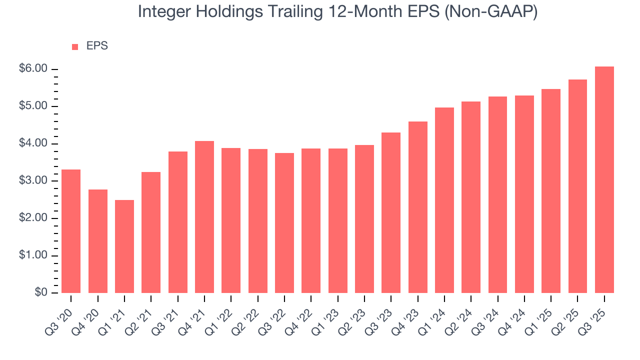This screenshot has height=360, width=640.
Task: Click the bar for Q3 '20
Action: point(71,231)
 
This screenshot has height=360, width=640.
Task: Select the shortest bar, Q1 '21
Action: point(124,246)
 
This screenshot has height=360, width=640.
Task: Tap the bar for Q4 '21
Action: point(204,217)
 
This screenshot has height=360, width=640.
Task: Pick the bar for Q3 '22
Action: point(284,223)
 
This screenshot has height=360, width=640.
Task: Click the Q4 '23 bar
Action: point(418,207)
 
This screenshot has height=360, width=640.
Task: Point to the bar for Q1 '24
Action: point(444,200)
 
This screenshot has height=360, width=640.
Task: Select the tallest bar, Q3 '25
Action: point(604,179)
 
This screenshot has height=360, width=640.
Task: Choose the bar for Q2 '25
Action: point(577,186)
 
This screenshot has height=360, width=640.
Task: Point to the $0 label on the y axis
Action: point(41,293)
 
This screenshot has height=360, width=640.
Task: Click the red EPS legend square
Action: point(75,46)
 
